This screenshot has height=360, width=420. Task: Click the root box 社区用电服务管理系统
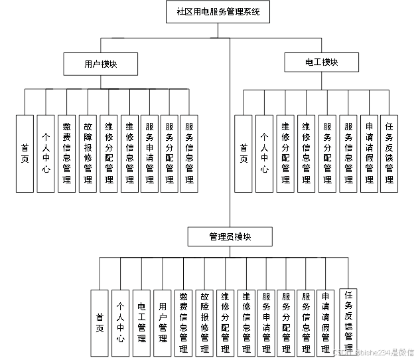coord(218,12)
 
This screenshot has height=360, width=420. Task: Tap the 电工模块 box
coord(321,62)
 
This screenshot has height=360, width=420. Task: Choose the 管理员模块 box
coord(229,236)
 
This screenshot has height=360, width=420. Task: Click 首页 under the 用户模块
coord(25,153)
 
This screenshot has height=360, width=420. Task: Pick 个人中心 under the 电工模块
coord(264,153)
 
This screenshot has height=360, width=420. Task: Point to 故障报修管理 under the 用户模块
coord(88,153)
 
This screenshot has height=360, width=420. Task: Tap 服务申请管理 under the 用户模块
coord(149,153)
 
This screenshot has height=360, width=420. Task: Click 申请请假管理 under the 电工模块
coord(369,153)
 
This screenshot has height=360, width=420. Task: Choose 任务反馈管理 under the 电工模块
coord(389,153)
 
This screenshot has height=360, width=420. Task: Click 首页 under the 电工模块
coord(244,153)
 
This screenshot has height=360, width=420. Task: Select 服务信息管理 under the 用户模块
coord(190,153)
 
